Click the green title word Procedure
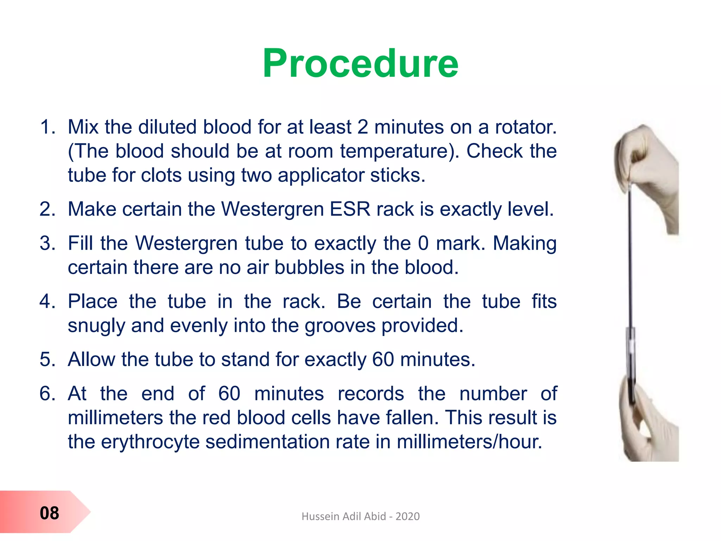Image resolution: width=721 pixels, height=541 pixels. click(x=360, y=63)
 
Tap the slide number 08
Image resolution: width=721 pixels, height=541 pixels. click(x=49, y=513)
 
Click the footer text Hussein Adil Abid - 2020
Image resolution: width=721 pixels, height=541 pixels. click(x=360, y=516)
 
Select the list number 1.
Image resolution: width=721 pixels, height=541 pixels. click(x=47, y=127)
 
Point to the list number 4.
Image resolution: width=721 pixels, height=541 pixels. click(x=47, y=301)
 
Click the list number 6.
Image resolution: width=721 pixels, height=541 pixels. click(x=47, y=393)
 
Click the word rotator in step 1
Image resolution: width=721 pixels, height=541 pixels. click(x=526, y=127)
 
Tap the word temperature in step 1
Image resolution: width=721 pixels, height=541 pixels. click(x=399, y=151)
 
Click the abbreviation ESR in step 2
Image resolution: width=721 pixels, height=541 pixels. click(x=350, y=209)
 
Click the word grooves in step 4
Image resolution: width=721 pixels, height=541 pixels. click(x=340, y=326)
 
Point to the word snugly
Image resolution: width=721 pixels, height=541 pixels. click(x=96, y=326)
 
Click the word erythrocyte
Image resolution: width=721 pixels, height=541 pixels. click(x=150, y=442)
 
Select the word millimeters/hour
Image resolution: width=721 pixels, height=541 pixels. click(x=469, y=442)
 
